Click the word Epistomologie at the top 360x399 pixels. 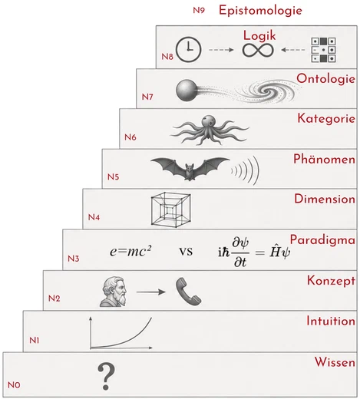(x=260, y=11)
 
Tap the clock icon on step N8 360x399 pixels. (x=189, y=50)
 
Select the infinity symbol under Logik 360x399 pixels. (x=258, y=50)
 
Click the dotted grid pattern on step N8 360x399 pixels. (x=323, y=50)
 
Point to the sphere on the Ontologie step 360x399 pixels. (x=187, y=91)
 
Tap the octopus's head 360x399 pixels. (x=210, y=121)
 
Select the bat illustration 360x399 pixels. (x=190, y=169)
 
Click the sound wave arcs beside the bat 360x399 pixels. (x=245, y=170)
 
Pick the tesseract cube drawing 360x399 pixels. (x=171, y=209)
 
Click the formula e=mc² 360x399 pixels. (x=130, y=251)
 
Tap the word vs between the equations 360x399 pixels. (x=186, y=252)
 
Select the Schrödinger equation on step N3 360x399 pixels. (x=254, y=252)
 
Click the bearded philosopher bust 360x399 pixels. (x=114, y=292)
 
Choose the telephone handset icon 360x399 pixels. (x=188, y=292)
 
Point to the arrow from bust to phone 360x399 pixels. (x=151, y=292)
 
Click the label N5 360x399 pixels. (x=113, y=177)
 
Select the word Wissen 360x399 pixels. (x=335, y=362)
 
